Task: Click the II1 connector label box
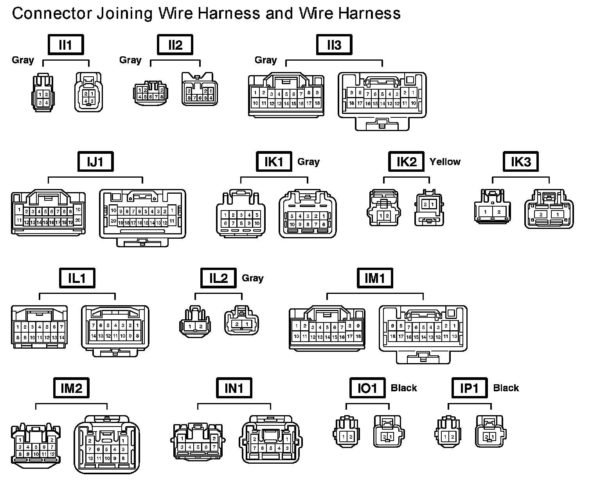click(66, 45)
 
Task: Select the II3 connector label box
click(334, 45)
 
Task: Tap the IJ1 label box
click(95, 162)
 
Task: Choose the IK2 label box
click(406, 162)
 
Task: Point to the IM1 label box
click(375, 278)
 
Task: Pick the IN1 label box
click(234, 388)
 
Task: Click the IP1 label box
click(469, 388)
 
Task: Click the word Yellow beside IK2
click(445, 162)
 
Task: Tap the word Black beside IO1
click(404, 388)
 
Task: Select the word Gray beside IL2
click(252, 278)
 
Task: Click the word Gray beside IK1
click(308, 162)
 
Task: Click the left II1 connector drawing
click(43, 93)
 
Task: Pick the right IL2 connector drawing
click(241, 320)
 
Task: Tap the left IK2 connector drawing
click(383, 208)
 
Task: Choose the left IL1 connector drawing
click(39, 327)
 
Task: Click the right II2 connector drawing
click(200, 89)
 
